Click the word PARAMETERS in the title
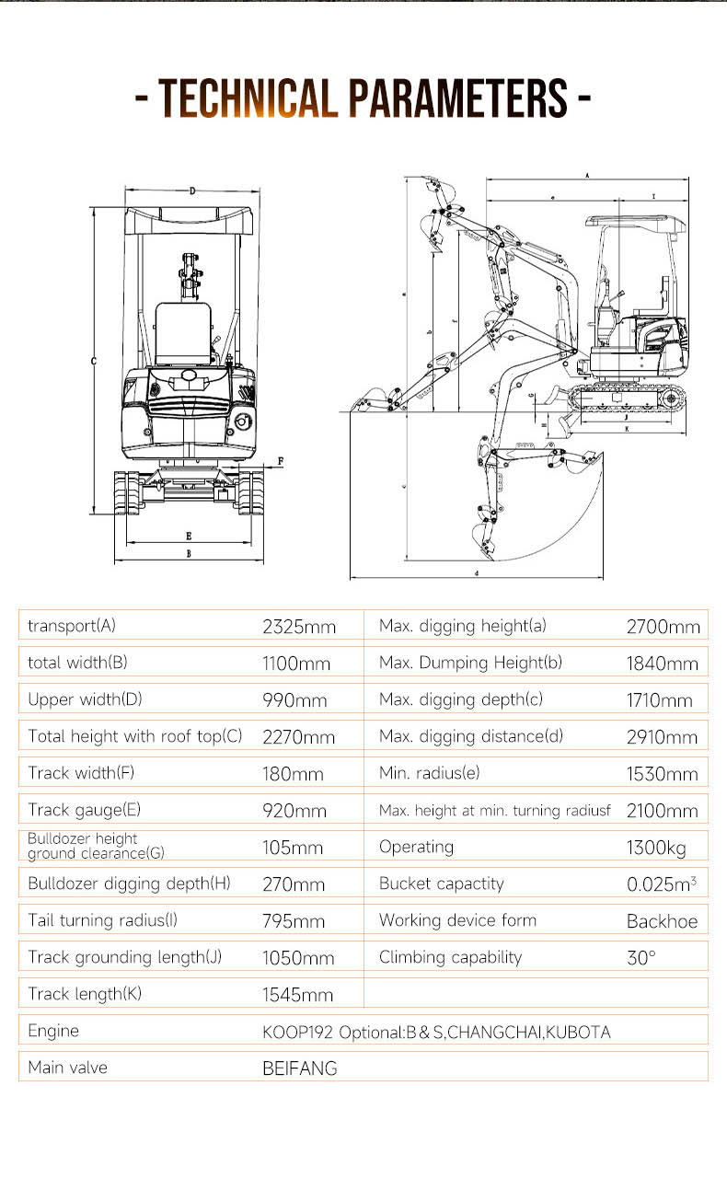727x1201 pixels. [457, 98]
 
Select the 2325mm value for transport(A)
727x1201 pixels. [299, 627]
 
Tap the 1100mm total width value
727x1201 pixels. [296, 664]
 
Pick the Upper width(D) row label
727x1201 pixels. [85, 699]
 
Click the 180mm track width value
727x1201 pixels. [293, 774]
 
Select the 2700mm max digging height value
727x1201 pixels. [663, 627]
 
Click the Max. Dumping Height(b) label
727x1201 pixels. [470, 663]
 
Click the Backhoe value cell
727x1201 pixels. [662, 921]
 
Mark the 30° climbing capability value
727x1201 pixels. [641, 958]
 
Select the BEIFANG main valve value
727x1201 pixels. [300, 1068]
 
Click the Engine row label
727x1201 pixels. [53, 1031]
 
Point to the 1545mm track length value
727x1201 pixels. [298, 995]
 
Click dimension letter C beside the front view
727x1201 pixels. [94, 362]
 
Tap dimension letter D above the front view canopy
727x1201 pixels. [192, 191]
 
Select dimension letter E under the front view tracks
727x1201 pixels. [189, 535]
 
